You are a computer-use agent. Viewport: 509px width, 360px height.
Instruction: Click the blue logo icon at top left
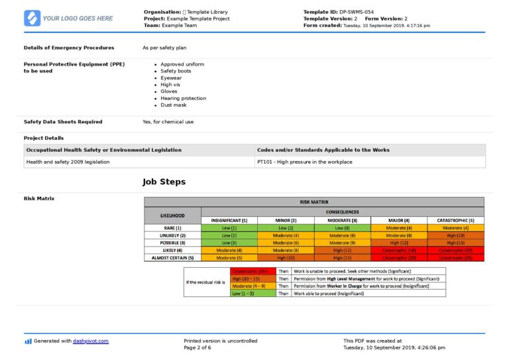32,18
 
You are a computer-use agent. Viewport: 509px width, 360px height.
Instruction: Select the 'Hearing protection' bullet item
183,98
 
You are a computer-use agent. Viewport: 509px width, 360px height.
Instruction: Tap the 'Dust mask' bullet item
173,105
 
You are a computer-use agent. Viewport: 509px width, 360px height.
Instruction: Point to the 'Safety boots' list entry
176,71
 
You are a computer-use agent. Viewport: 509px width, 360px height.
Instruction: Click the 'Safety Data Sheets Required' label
63,122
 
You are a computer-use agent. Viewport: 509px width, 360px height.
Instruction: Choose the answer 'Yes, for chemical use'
168,122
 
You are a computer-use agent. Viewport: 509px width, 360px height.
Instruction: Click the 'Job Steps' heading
164,182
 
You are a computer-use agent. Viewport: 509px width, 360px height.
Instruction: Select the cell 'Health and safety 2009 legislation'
68,162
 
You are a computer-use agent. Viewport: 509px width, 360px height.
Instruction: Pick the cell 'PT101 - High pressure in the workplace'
304,162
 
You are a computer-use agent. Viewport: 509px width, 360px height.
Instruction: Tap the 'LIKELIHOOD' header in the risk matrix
173,216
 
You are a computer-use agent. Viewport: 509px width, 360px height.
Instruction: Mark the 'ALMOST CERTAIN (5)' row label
173,257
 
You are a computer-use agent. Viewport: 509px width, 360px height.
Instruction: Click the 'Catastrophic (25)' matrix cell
455,257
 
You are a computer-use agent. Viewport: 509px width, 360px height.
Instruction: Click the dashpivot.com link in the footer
91,341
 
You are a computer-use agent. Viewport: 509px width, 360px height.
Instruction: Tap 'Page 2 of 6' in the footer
197,347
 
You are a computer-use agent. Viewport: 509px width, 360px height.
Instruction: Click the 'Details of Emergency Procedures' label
69,48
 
